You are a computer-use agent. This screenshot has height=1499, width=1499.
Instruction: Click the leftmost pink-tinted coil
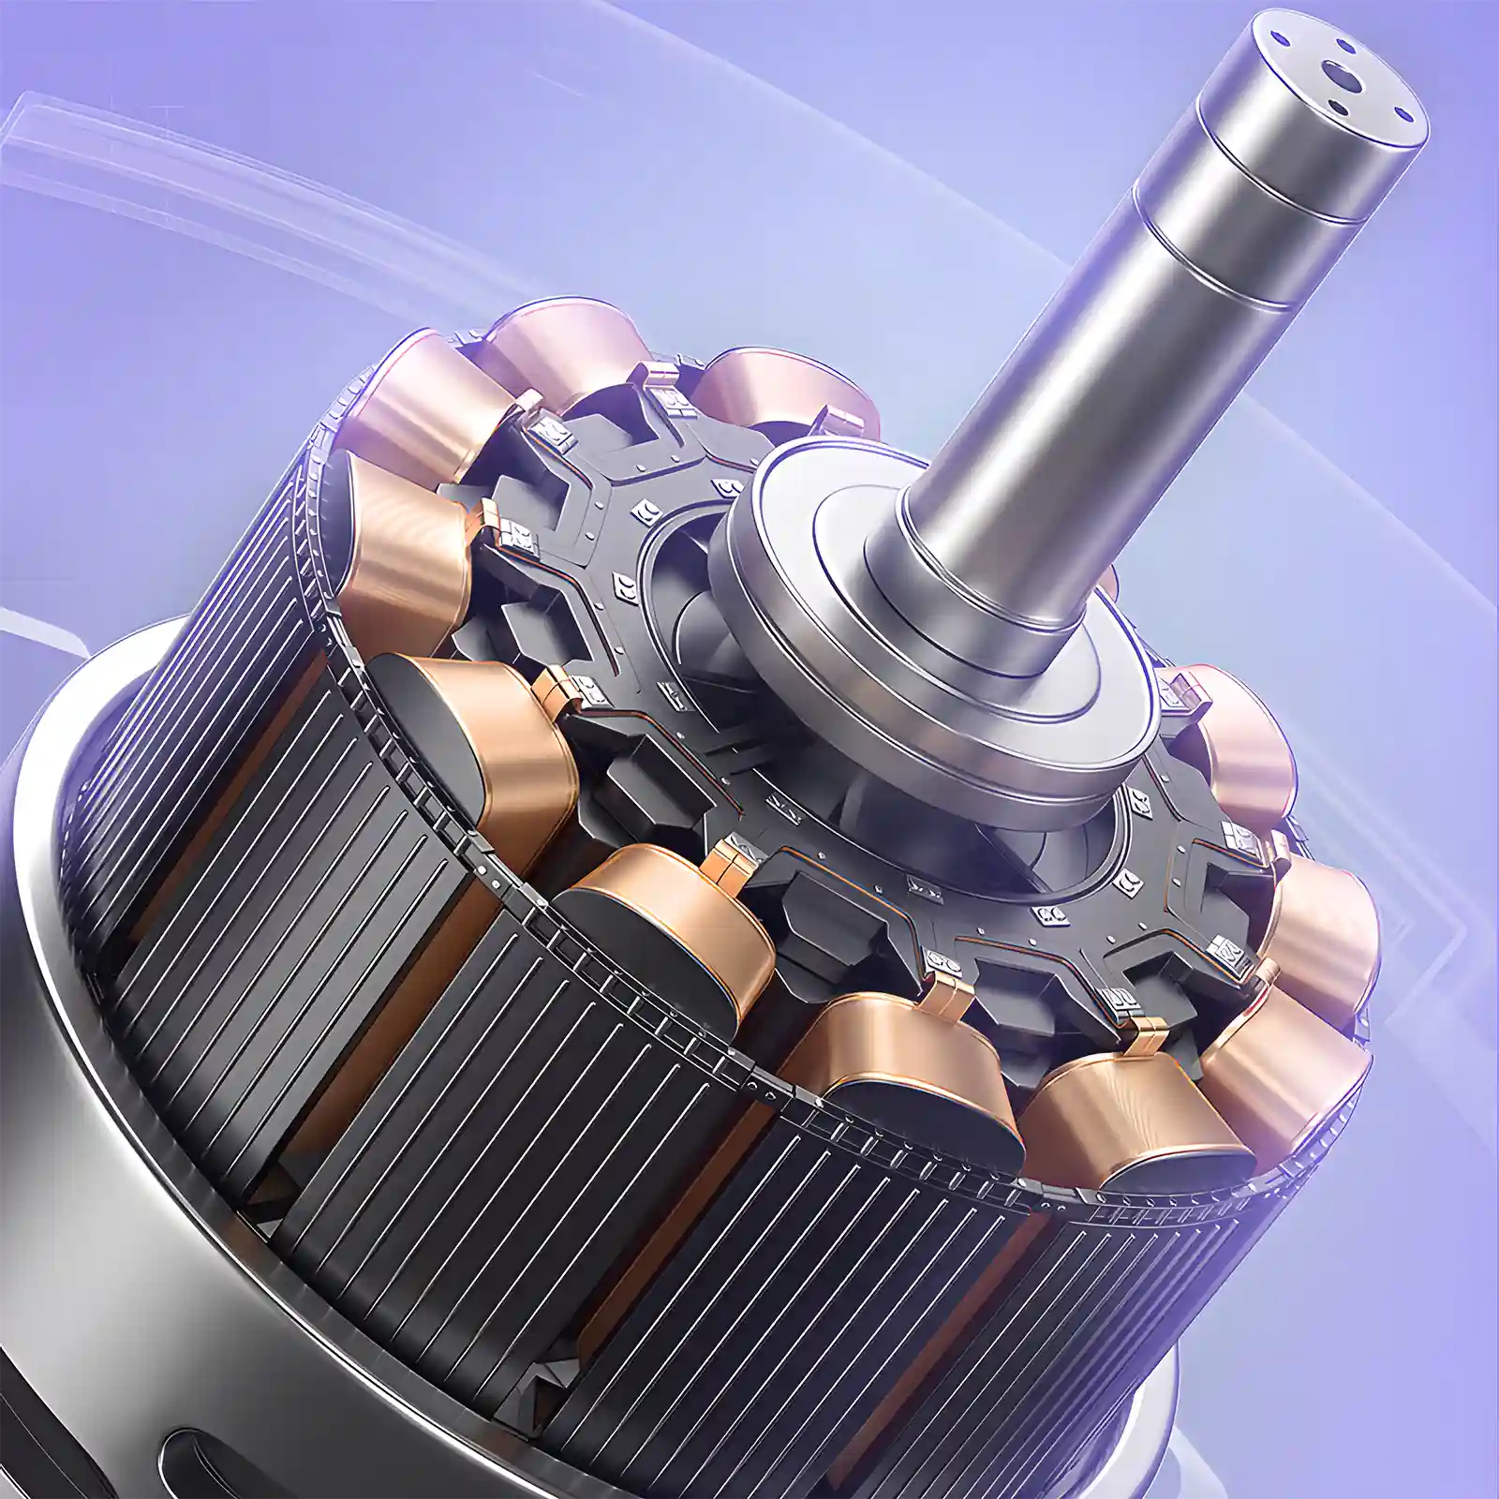click(412, 393)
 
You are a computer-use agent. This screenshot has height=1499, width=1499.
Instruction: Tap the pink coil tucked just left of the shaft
click(787, 384)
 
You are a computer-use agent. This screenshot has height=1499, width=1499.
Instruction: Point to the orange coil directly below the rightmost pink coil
click(1321, 918)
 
